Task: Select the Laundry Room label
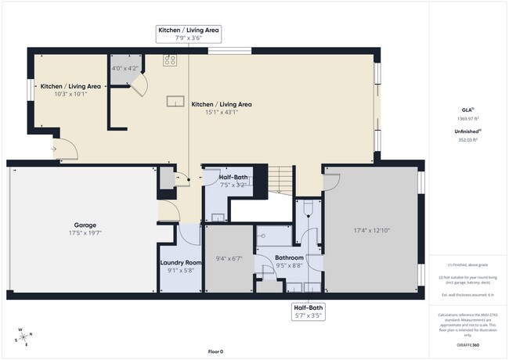(x=180, y=262)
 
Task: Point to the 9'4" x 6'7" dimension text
(x=229, y=258)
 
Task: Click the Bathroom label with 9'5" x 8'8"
(x=289, y=257)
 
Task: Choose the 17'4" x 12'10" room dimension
(x=371, y=231)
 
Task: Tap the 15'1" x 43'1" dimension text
(x=222, y=112)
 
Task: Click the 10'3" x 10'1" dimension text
(x=70, y=94)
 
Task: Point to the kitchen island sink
(x=175, y=100)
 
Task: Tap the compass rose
(x=23, y=336)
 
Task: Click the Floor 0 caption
(x=215, y=351)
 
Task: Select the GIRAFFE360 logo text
(x=467, y=343)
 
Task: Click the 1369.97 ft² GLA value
(x=467, y=119)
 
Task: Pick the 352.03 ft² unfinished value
(x=467, y=140)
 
